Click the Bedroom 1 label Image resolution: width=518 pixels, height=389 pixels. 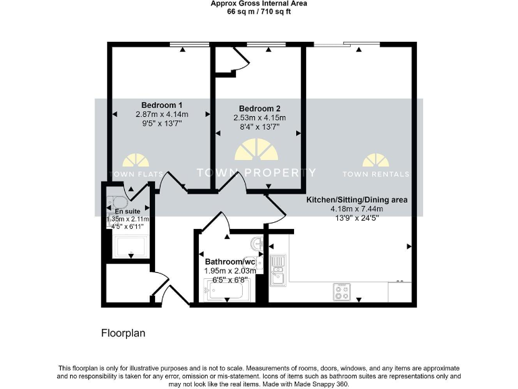coord(162,105)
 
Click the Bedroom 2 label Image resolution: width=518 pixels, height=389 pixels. coord(260,109)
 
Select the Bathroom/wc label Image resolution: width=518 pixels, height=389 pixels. coord(230,261)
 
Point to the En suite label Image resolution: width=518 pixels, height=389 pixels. coord(127,211)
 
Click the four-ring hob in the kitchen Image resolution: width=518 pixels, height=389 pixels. coord(341,292)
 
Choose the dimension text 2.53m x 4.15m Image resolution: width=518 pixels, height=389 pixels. coord(260,118)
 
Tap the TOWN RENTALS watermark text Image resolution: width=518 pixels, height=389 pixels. coord(376,174)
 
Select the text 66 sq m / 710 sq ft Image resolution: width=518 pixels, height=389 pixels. coord(260,11)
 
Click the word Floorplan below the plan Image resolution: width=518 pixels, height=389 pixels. coord(123,333)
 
